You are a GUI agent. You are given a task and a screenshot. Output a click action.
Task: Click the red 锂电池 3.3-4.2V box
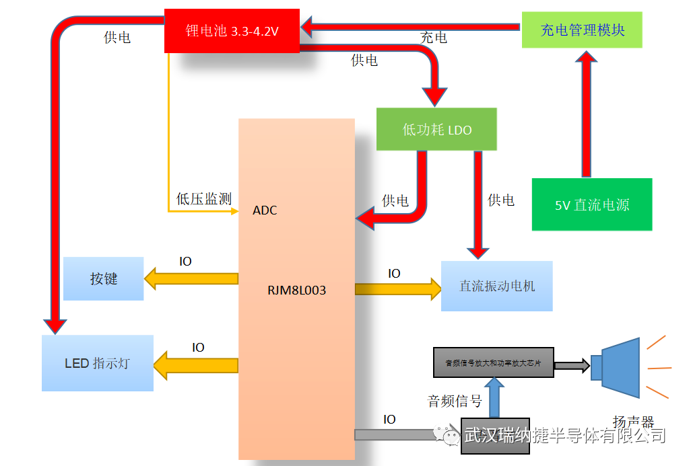[232, 30]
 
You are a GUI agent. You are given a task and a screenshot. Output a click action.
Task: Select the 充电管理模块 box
[582, 30]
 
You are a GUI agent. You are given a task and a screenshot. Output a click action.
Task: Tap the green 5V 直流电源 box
[592, 204]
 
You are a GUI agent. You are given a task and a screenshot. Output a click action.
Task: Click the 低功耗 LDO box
[436, 129]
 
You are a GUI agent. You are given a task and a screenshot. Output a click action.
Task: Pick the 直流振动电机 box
[496, 286]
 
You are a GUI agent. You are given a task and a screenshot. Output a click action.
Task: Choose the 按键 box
[103, 278]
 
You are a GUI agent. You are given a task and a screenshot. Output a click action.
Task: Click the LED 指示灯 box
[97, 363]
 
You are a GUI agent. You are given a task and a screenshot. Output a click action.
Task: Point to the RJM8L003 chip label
[296, 290]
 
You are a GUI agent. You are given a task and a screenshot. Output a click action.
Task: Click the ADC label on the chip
[265, 210]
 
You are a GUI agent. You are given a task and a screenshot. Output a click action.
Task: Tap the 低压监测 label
[203, 198]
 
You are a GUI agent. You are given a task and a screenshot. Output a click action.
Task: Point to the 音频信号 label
[455, 401]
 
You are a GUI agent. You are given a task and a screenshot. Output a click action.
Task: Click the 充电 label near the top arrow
[433, 38]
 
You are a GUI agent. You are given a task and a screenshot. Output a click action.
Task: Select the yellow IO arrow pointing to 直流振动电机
[397, 288]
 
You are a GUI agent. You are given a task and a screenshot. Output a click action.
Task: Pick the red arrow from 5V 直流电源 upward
[587, 114]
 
